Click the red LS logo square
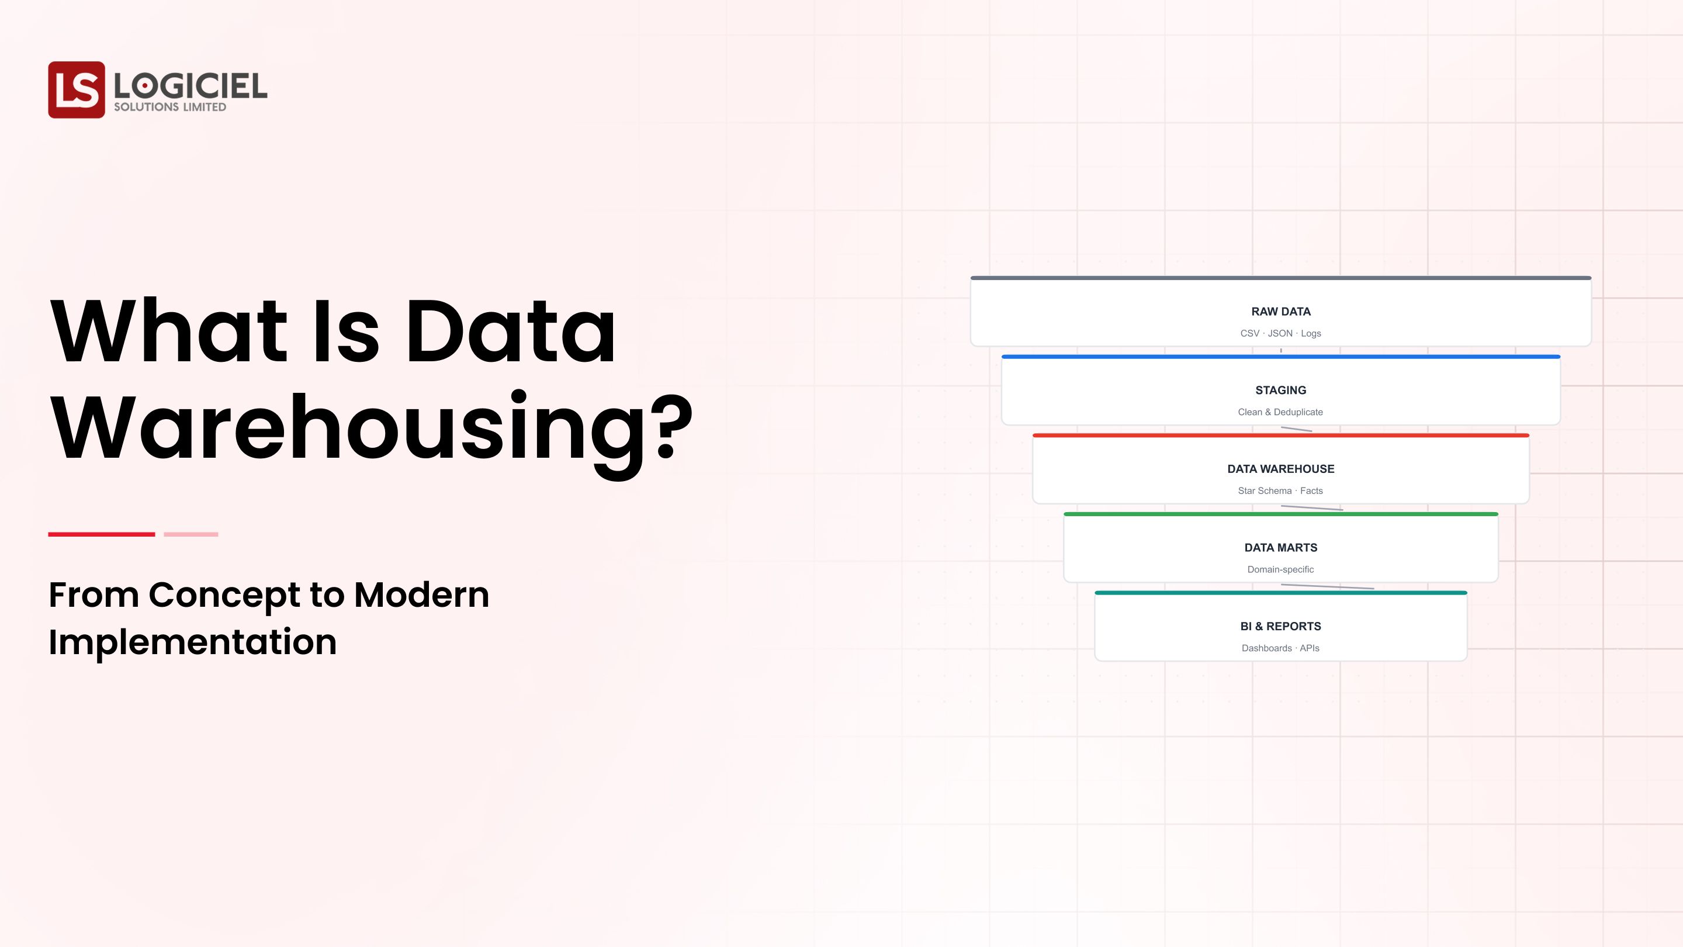pos(77,89)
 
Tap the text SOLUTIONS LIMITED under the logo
pos(170,107)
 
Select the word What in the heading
pos(168,331)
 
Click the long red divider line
pos(101,535)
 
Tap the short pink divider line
pos(191,535)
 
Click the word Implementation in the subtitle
pos(193,642)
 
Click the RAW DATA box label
pos(1280,312)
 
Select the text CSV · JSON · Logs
pos(1280,333)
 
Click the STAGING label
pos(1280,390)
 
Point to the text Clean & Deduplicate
pos(1280,412)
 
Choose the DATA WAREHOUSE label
pos(1280,469)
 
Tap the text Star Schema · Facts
pos(1280,491)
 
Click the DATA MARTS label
pos(1280,548)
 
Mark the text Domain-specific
pos(1280,570)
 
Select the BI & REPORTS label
pos(1280,626)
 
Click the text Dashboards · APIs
pos(1280,648)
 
